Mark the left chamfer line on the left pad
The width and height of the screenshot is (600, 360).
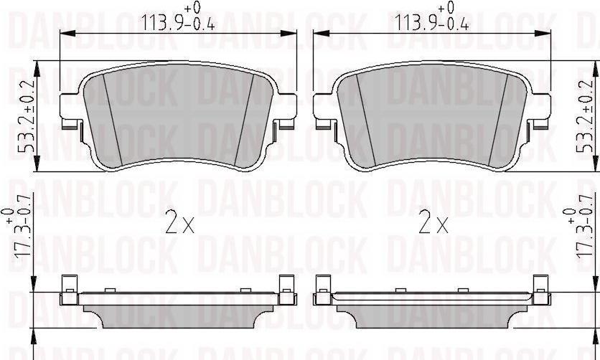(x=112, y=118)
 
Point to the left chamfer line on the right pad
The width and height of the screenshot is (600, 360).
(x=365, y=118)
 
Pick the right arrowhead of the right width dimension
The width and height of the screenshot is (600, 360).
(x=549, y=33)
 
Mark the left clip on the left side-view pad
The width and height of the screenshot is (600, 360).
(x=68, y=291)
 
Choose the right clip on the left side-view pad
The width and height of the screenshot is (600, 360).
(x=286, y=291)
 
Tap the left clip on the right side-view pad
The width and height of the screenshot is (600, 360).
(x=323, y=291)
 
